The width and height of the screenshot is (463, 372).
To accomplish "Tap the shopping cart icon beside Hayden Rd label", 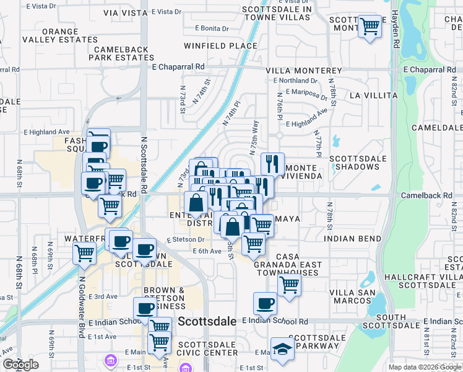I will pos(370,27).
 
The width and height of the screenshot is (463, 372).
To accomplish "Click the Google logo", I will pos(20,365).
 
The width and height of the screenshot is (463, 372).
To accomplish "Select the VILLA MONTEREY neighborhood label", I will pos(303,71).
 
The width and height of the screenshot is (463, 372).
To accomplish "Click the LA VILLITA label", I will pos(373,95).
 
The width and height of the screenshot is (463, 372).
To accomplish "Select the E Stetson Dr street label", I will pos(185,240).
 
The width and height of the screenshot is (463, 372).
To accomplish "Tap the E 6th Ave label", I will pos(207,251).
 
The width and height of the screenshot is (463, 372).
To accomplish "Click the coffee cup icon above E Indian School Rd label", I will pos(265,304).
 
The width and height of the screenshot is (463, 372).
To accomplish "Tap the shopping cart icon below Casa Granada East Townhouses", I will pos(289,285).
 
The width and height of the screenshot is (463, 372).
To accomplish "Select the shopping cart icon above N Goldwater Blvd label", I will pos(84,252).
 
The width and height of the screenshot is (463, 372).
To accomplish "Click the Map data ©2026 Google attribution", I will pos(424,367).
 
